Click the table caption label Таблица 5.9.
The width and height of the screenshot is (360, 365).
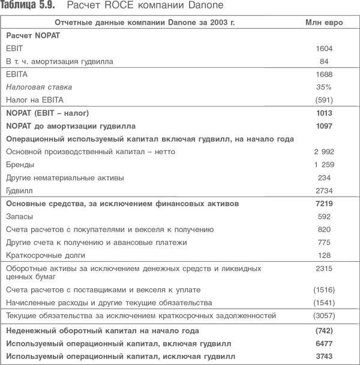click(x=26, y=7)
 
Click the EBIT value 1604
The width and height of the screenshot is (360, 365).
click(x=323, y=49)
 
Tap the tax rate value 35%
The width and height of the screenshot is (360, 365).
click(x=323, y=87)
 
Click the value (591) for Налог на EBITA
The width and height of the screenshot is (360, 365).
click(x=323, y=99)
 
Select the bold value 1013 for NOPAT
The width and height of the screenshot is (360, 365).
click(x=323, y=113)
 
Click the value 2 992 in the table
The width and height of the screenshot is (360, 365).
click(x=323, y=152)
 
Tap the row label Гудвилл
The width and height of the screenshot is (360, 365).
click(x=21, y=190)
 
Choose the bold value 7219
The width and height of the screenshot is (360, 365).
click(x=323, y=204)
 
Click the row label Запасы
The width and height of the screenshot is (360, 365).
click(x=20, y=216)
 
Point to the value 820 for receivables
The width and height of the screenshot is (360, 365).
click(x=323, y=230)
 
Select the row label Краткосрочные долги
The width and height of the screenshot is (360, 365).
click(x=43, y=255)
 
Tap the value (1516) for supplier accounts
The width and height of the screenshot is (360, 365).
click(x=323, y=290)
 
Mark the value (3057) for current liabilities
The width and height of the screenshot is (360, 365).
click(x=323, y=316)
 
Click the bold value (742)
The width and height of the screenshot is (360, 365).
click(x=323, y=330)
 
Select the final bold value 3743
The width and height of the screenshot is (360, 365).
click(x=323, y=356)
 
